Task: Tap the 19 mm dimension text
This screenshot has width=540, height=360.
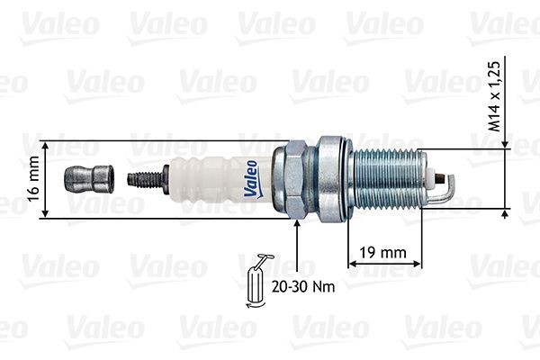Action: pos(384,252)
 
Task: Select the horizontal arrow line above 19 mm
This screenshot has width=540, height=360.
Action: pos(384,264)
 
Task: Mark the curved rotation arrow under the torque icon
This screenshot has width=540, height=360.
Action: pos(254,306)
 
